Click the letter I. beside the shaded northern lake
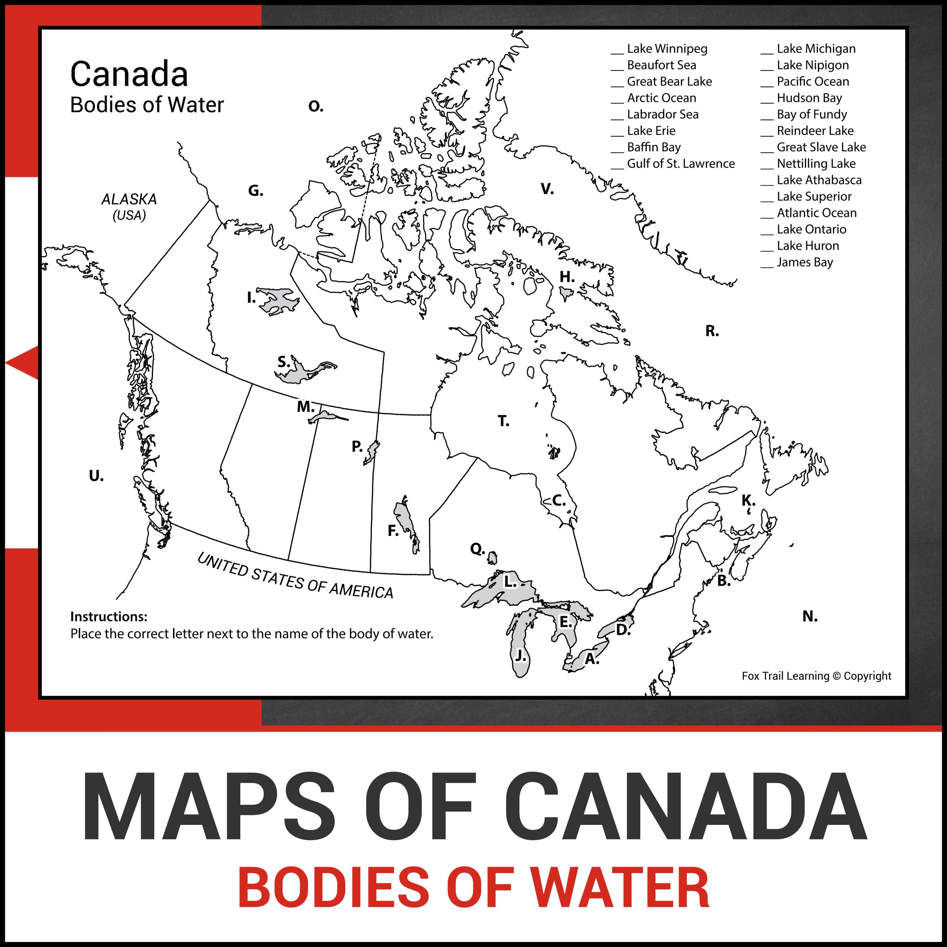click(x=251, y=298)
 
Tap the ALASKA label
click(x=129, y=200)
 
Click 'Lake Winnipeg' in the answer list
click(x=667, y=49)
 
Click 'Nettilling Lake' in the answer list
click(x=816, y=164)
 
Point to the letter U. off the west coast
click(x=96, y=475)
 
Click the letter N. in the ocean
click(x=810, y=616)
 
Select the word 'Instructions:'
click(x=109, y=616)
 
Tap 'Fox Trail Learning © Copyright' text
click(x=816, y=676)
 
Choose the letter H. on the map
click(x=567, y=277)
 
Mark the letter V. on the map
click(x=547, y=189)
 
